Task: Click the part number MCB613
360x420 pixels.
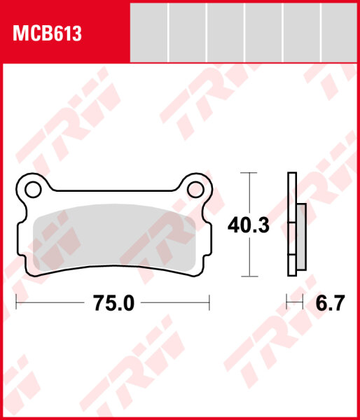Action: click(44, 34)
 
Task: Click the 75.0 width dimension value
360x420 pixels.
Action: click(113, 303)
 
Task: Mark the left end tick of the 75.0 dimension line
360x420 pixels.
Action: click(16, 303)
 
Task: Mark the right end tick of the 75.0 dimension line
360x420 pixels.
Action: click(209, 303)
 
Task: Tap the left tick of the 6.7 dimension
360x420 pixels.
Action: click(288, 303)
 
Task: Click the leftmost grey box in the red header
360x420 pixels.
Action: click(150, 31)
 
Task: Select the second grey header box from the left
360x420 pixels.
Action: click(188, 31)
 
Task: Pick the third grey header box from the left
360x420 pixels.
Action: click(226, 31)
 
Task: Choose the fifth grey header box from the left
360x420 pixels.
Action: click(302, 31)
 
